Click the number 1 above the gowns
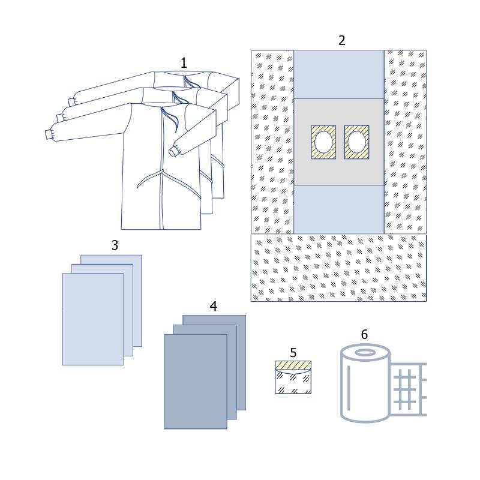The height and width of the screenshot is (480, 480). (x=184, y=64)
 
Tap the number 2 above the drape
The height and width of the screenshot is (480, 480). (x=342, y=40)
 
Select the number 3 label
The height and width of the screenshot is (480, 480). (x=115, y=245)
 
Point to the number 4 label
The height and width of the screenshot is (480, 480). (x=214, y=306)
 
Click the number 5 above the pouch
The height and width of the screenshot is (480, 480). (x=293, y=353)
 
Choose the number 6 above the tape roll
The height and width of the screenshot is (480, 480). (x=364, y=334)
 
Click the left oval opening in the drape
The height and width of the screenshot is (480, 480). (x=323, y=142)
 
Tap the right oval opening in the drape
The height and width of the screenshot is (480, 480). (x=356, y=142)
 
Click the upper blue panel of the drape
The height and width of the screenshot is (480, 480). (x=339, y=74)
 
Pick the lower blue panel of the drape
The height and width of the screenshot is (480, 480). (x=339, y=209)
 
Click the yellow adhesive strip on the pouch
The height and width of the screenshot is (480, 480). (x=293, y=365)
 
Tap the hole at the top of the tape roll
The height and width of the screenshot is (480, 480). (x=365, y=353)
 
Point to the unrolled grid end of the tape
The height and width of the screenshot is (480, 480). (x=409, y=389)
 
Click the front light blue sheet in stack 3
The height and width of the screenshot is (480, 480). (x=93, y=319)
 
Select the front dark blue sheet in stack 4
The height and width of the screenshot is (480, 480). (x=196, y=382)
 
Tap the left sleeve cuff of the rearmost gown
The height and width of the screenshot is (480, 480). (x=71, y=102)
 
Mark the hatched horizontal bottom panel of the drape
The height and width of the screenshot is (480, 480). (x=338, y=268)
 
